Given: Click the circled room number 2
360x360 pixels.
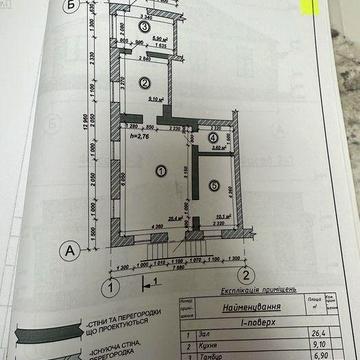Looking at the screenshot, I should (x=145, y=82).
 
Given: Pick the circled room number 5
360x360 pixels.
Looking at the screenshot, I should (x=214, y=184).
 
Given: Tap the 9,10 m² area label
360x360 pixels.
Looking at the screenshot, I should (x=157, y=99).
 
